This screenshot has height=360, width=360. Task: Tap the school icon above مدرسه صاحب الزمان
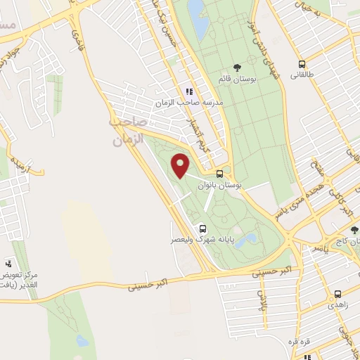[188, 91]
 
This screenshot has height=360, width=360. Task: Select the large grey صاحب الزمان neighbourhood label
[127, 131]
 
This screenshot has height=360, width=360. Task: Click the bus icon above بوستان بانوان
[220, 174]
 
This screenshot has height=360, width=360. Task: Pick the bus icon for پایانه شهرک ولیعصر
[202, 229]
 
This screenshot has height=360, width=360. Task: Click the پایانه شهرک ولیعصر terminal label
[200, 240]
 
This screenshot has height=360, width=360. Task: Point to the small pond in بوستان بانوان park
[246, 241]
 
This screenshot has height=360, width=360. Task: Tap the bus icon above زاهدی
[338, 295]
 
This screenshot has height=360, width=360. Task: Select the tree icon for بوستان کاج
[354, 230]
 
